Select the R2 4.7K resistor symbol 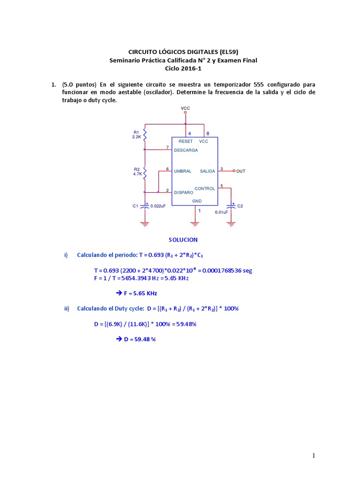(145, 172)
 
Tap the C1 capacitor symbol (145, 205)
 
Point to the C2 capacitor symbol (231, 205)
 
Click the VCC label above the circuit (186, 108)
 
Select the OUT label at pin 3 (240, 171)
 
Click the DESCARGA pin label (186, 150)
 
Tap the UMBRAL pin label (183, 171)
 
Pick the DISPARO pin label (183, 192)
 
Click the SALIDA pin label (208, 171)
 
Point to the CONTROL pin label (205, 188)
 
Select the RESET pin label (186, 141)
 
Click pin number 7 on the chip (167, 148)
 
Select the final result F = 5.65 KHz (139, 293)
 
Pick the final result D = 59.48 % (139, 339)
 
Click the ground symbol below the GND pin (195, 223)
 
